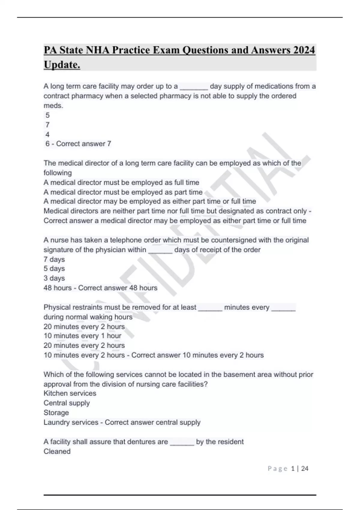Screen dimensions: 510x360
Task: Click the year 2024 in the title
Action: [x=304, y=50]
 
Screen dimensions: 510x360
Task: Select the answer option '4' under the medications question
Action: [x=47, y=134]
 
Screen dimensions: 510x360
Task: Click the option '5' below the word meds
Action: [x=47, y=115]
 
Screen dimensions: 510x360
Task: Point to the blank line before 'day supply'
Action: [x=193, y=87]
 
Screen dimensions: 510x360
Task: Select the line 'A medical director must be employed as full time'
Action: [x=121, y=182]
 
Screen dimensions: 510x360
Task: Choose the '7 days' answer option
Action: [x=54, y=259]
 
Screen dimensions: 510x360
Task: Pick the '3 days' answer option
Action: [x=54, y=278]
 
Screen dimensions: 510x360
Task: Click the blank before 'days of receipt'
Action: [x=160, y=250]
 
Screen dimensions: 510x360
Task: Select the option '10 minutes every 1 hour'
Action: [x=82, y=336]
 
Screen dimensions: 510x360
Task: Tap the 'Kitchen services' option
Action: [x=70, y=393]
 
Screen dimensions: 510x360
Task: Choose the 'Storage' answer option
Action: [x=56, y=412]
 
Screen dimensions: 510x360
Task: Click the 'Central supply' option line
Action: [x=67, y=403]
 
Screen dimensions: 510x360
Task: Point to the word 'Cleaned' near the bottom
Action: [x=57, y=451]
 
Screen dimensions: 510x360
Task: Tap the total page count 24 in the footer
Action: [x=304, y=469]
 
